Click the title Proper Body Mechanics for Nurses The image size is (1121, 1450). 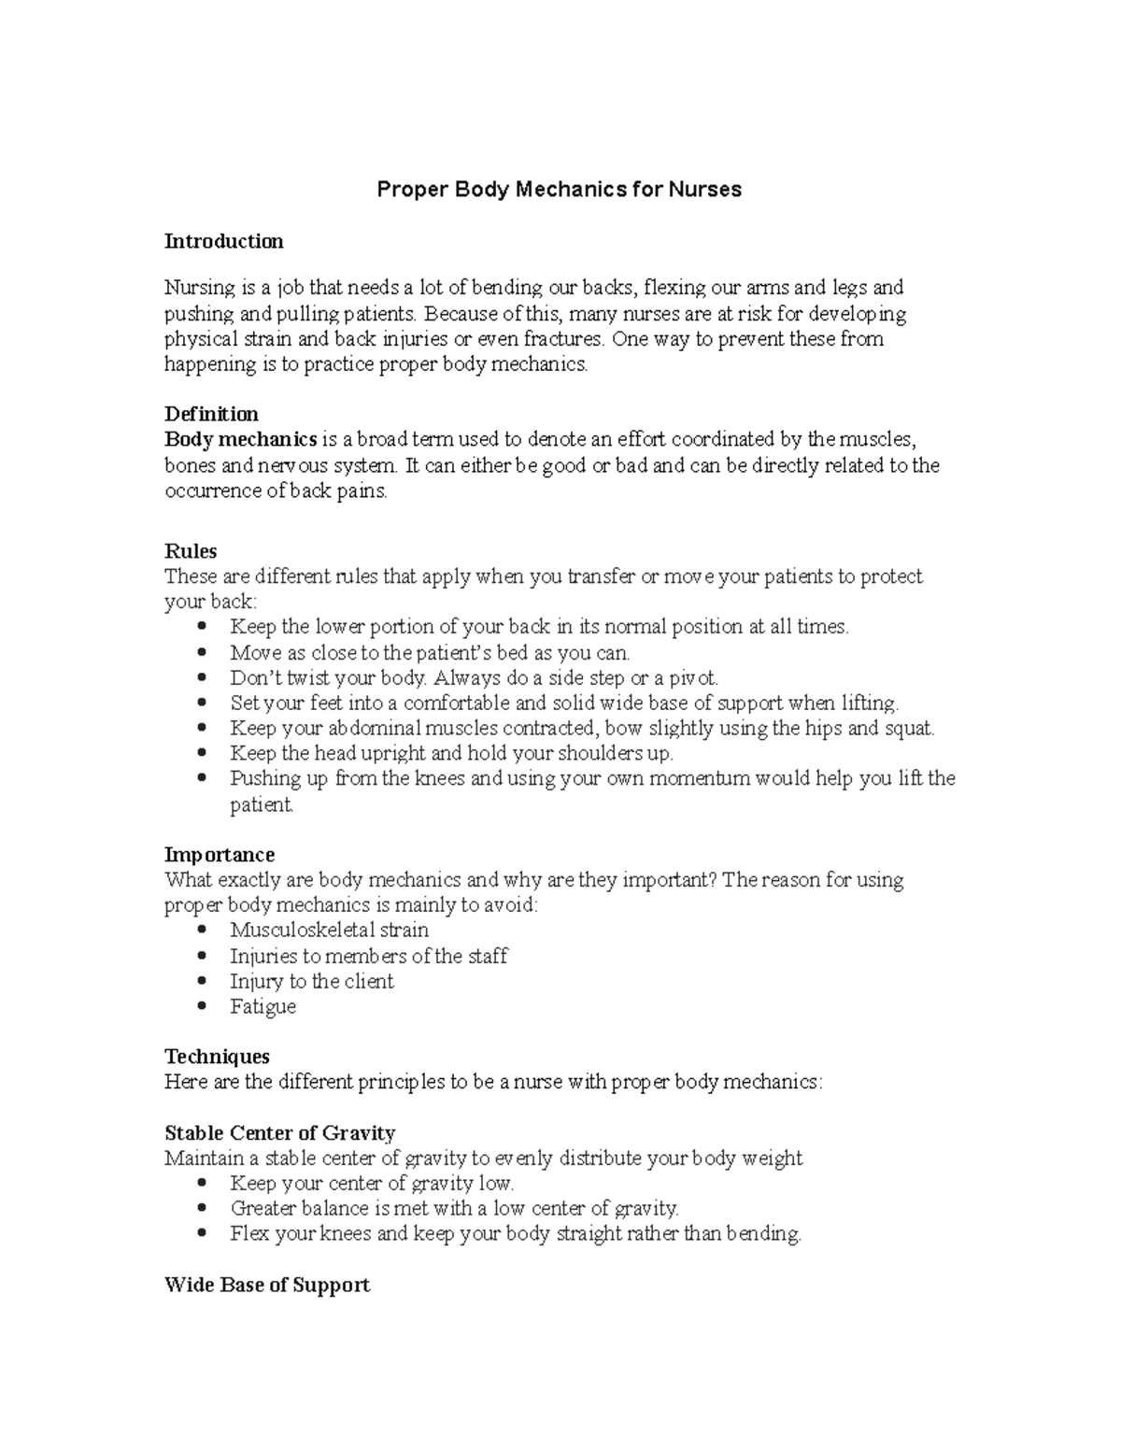tap(559, 190)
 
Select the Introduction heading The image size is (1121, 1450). tap(223, 241)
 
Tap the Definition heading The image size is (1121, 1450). tap(211, 414)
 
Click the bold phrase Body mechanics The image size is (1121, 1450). tap(241, 439)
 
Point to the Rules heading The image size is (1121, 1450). tap(191, 551)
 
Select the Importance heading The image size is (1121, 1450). tap(220, 855)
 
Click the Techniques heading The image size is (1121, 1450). tap(217, 1057)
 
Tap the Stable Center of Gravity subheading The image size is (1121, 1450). tap(279, 1133)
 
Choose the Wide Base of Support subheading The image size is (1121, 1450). tap(266, 1286)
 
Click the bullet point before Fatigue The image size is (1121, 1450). tap(204, 1007)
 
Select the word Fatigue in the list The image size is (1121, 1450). tap(263, 1007)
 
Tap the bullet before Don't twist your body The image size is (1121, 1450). tap(204, 678)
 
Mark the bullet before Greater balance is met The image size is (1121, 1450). tap(204, 1209)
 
